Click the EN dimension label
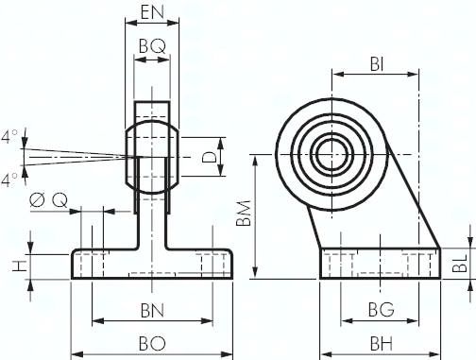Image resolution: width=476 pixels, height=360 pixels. point(152,12)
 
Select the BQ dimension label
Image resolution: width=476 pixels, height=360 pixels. point(152,46)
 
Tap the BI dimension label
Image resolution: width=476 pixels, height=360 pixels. point(377,65)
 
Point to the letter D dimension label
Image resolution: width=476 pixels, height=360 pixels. point(210,157)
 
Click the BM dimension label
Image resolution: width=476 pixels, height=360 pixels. point(244,213)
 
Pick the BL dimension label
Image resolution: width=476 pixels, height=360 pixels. point(460,264)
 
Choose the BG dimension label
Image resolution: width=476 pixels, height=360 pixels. point(381,309)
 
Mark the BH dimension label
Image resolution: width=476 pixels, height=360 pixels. point(382,344)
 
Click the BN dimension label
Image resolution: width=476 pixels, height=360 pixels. point(152,311)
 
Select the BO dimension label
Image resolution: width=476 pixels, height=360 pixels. point(152,344)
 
